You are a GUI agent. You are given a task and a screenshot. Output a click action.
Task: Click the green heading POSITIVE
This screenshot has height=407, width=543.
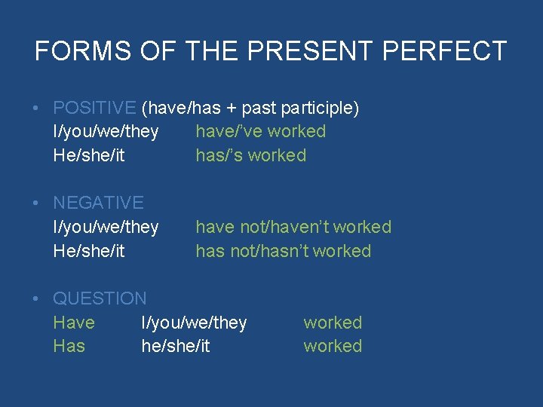click(94, 108)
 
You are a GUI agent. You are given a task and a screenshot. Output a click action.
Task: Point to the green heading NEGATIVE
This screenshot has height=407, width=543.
click(98, 203)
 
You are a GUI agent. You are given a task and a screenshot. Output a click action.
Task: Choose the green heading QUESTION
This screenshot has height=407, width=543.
click(100, 298)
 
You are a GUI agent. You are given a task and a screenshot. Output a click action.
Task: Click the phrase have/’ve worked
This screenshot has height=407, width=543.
click(260, 131)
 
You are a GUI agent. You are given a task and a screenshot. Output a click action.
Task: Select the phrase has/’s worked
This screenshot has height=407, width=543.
click(250, 155)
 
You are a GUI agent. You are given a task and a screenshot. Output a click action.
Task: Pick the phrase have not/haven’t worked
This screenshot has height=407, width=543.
click(293, 227)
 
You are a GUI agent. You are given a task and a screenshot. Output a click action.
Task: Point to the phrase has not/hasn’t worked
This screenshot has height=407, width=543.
click(283, 251)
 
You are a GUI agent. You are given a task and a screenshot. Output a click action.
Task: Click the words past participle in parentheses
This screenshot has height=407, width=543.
click(299, 108)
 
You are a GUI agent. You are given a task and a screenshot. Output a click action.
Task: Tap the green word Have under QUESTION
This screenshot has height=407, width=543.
click(74, 323)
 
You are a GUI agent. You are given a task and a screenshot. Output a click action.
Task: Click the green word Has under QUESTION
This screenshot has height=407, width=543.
click(69, 346)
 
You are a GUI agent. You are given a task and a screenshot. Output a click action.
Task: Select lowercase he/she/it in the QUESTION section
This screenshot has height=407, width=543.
click(176, 346)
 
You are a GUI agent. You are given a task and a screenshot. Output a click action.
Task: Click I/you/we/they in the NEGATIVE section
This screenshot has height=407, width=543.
click(106, 227)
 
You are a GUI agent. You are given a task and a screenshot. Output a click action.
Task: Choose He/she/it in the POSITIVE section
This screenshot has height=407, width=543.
click(89, 155)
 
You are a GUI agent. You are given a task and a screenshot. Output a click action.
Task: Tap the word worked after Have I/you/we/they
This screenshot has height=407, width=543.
click(333, 323)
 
